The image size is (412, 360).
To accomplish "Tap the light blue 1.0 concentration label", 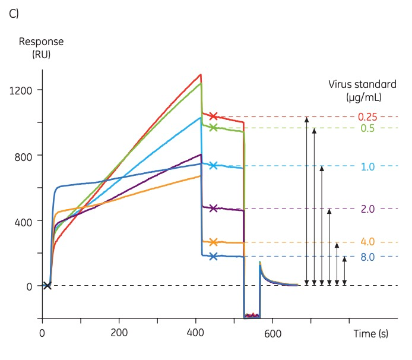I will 367,166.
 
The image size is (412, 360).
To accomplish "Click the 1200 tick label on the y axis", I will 21,90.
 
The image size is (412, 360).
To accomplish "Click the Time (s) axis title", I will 371,334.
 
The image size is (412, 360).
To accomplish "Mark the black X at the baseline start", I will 47,286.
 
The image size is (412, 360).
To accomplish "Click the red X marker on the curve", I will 213,116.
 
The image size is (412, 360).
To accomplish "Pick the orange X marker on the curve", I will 213,242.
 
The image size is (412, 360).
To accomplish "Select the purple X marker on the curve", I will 213,209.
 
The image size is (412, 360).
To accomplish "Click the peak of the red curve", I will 201,74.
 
